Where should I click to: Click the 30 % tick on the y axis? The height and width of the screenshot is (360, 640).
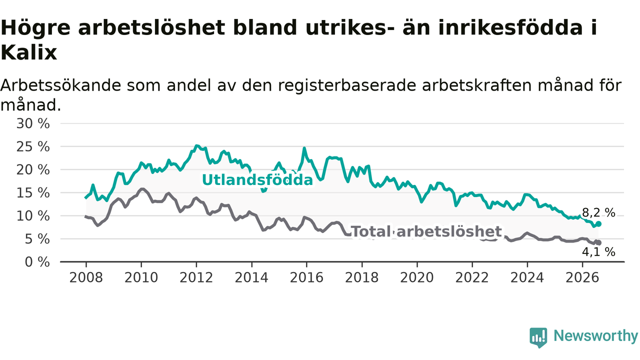[x=33, y=124]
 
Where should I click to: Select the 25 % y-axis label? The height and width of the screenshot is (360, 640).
[x=33, y=147]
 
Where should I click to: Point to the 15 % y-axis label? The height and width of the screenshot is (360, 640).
[x=33, y=193]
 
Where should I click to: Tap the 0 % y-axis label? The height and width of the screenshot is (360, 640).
[x=37, y=262]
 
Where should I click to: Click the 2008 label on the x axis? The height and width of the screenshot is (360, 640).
[x=86, y=277]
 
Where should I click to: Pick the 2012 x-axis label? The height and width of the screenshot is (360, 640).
[x=196, y=277]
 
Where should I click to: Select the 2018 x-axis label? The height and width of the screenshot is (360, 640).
[x=361, y=277]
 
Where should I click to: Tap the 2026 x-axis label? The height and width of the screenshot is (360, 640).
[x=582, y=277]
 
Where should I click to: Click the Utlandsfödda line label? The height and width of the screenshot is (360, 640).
[x=257, y=180]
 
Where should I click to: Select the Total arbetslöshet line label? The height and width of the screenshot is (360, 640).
[x=426, y=231]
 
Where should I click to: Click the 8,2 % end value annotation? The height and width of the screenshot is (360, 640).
[x=598, y=213]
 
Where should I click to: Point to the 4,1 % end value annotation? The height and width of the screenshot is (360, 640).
[x=598, y=252]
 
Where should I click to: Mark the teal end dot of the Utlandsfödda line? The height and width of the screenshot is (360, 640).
[x=599, y=224]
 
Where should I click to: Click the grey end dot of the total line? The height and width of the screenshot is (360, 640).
[x=599, y=243]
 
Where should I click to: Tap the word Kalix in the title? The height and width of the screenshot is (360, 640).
[x=29, y=53]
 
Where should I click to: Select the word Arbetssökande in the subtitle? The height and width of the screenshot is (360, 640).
[x=61, y=85]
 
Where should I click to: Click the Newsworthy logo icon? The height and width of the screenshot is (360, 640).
[x=538, y=337]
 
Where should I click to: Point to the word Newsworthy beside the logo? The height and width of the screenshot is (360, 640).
[x=595, y=335]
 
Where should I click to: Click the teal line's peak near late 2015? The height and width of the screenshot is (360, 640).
[x=304, y=148]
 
